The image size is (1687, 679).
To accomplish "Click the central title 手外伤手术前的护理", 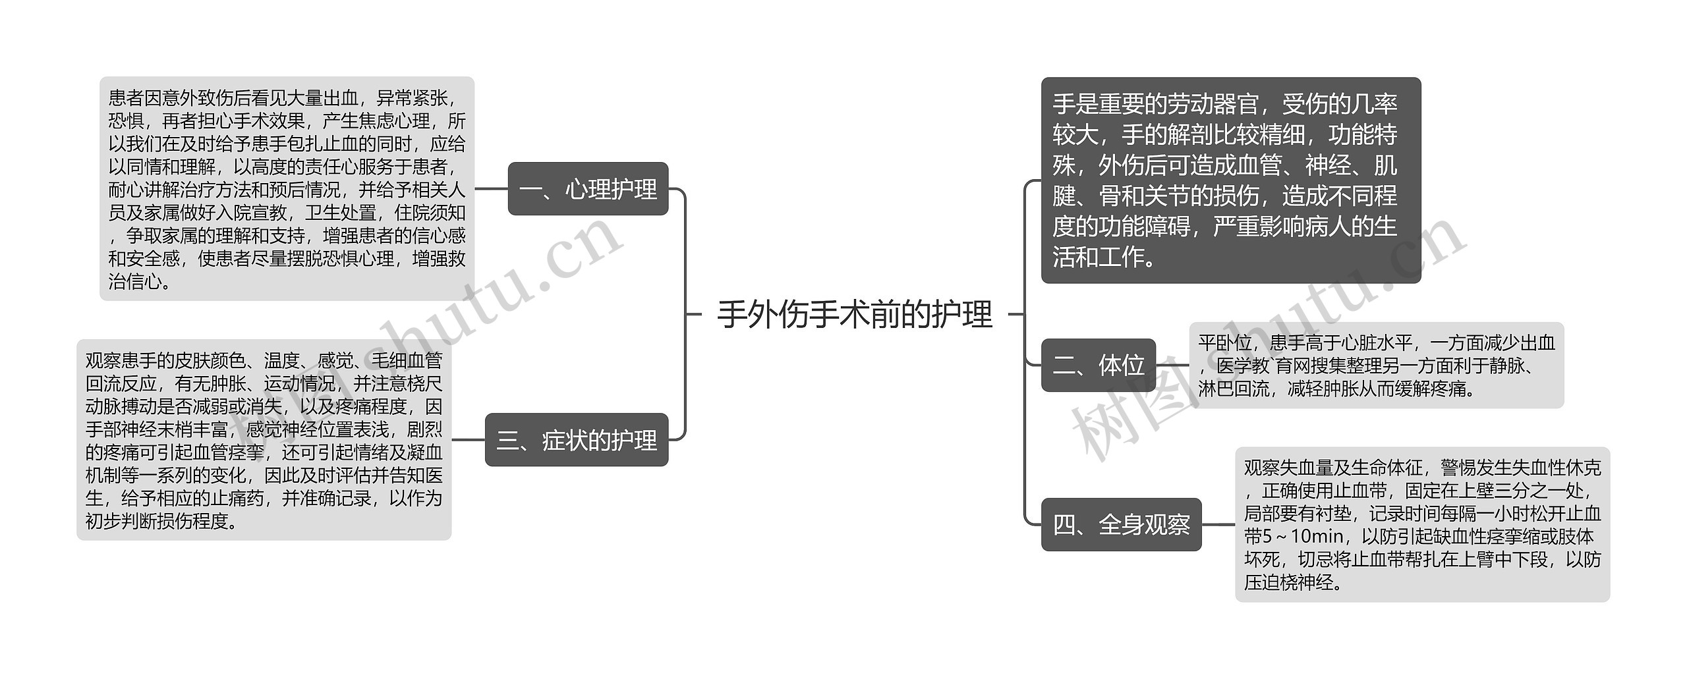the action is pyautogui.click(x=854, y=314).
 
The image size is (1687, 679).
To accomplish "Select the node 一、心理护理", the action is pyautogui.click(x=588, y=189).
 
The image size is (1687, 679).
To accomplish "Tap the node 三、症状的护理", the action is pyautogui.click(x=577, y=440).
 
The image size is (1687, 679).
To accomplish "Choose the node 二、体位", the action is pyautogui.click(x=1098, y=365).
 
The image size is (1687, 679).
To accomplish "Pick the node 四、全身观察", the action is pyautogui.click(x=1121, y=525).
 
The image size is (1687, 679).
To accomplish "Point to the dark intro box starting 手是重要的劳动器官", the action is pyautogui.click(x=1230, y=180).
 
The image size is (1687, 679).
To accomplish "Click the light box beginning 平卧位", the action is pyautogui.click(x=1375, y=366).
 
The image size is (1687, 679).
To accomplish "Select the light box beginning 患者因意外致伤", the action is pyautogui.click(x=287, y=189).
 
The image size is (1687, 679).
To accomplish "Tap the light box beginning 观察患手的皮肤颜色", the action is pyautogui.click(x=264, y=440).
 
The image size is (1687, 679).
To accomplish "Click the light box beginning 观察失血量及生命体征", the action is pyautogui.click(x=1421, y=525).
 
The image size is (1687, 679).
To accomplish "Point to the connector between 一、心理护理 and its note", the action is pyautogui.click(x=491, y=189).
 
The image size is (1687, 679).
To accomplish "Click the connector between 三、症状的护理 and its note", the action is pyautogui.click(x=468, y=440).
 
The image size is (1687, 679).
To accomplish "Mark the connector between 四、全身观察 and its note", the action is pyautogui.click(x=1218, y=525).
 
